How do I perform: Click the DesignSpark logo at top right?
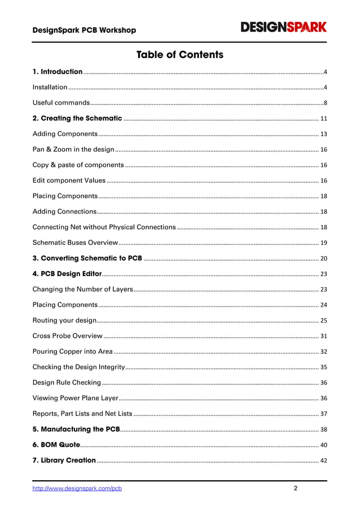tap(284, 27)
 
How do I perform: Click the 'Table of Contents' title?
tap(179, 55)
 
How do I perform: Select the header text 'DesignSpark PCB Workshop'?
tap(84, 30)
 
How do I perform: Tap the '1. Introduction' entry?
tap(58, 72)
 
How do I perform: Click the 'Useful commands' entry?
tap(61, 103)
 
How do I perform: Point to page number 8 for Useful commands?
tap(325, 103)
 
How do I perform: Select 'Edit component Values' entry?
tap(69, 181)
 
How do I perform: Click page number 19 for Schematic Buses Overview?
tap(323, 243)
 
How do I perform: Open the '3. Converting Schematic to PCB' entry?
tap(87, 258)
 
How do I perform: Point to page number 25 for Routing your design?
tap(323, 321)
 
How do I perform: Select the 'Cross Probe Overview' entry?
tap(67, 336)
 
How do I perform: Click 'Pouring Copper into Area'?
tap(72, 352)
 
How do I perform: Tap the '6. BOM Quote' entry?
tap(56, 445)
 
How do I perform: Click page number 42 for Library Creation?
tap(323, 460)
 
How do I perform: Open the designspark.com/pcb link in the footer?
tap(77, 489)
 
